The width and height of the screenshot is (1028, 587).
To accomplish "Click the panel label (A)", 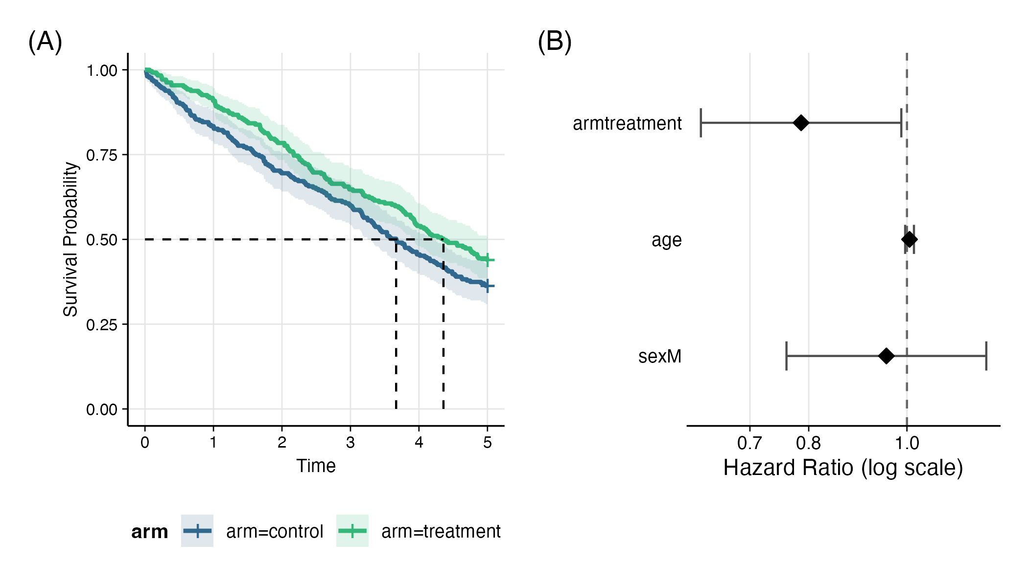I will (x=45, y=42).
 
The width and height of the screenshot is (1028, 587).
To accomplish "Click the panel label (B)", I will (x=555, y=42).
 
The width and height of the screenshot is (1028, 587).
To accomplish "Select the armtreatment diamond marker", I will (x=801, y=123).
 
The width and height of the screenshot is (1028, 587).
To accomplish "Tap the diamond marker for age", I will (x=909, y=239).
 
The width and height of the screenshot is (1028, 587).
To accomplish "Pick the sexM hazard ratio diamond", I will (x=886, y=356).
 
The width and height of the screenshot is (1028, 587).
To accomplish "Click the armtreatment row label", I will (x=627, y=123).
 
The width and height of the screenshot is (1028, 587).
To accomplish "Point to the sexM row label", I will (x=660, y=356).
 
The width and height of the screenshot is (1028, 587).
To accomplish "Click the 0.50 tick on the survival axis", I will (x=102, y=240).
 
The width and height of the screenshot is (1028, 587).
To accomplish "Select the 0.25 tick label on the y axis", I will (x=102, y=325).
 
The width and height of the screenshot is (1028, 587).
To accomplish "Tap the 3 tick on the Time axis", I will (x=350, y=443).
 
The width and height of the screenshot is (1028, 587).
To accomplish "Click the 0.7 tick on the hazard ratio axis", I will (x=749, y=443).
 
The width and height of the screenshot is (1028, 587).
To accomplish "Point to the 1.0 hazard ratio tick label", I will (x=907, y=443).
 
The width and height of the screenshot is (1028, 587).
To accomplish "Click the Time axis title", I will (x=316, y=466).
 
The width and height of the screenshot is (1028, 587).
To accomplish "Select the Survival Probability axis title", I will (x=71, y=239).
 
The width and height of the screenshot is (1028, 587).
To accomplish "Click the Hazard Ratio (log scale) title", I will (x=843, y=468).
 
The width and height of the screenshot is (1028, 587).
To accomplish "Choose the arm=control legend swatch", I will (x=197, y=531).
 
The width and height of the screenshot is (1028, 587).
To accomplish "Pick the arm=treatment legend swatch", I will (x=352, y=531).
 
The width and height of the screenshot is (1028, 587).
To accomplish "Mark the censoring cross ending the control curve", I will (x=488, y=286).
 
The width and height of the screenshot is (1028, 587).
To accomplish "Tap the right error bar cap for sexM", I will (x=986, y=356).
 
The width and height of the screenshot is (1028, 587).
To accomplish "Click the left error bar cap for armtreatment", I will (x=701, y=123).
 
